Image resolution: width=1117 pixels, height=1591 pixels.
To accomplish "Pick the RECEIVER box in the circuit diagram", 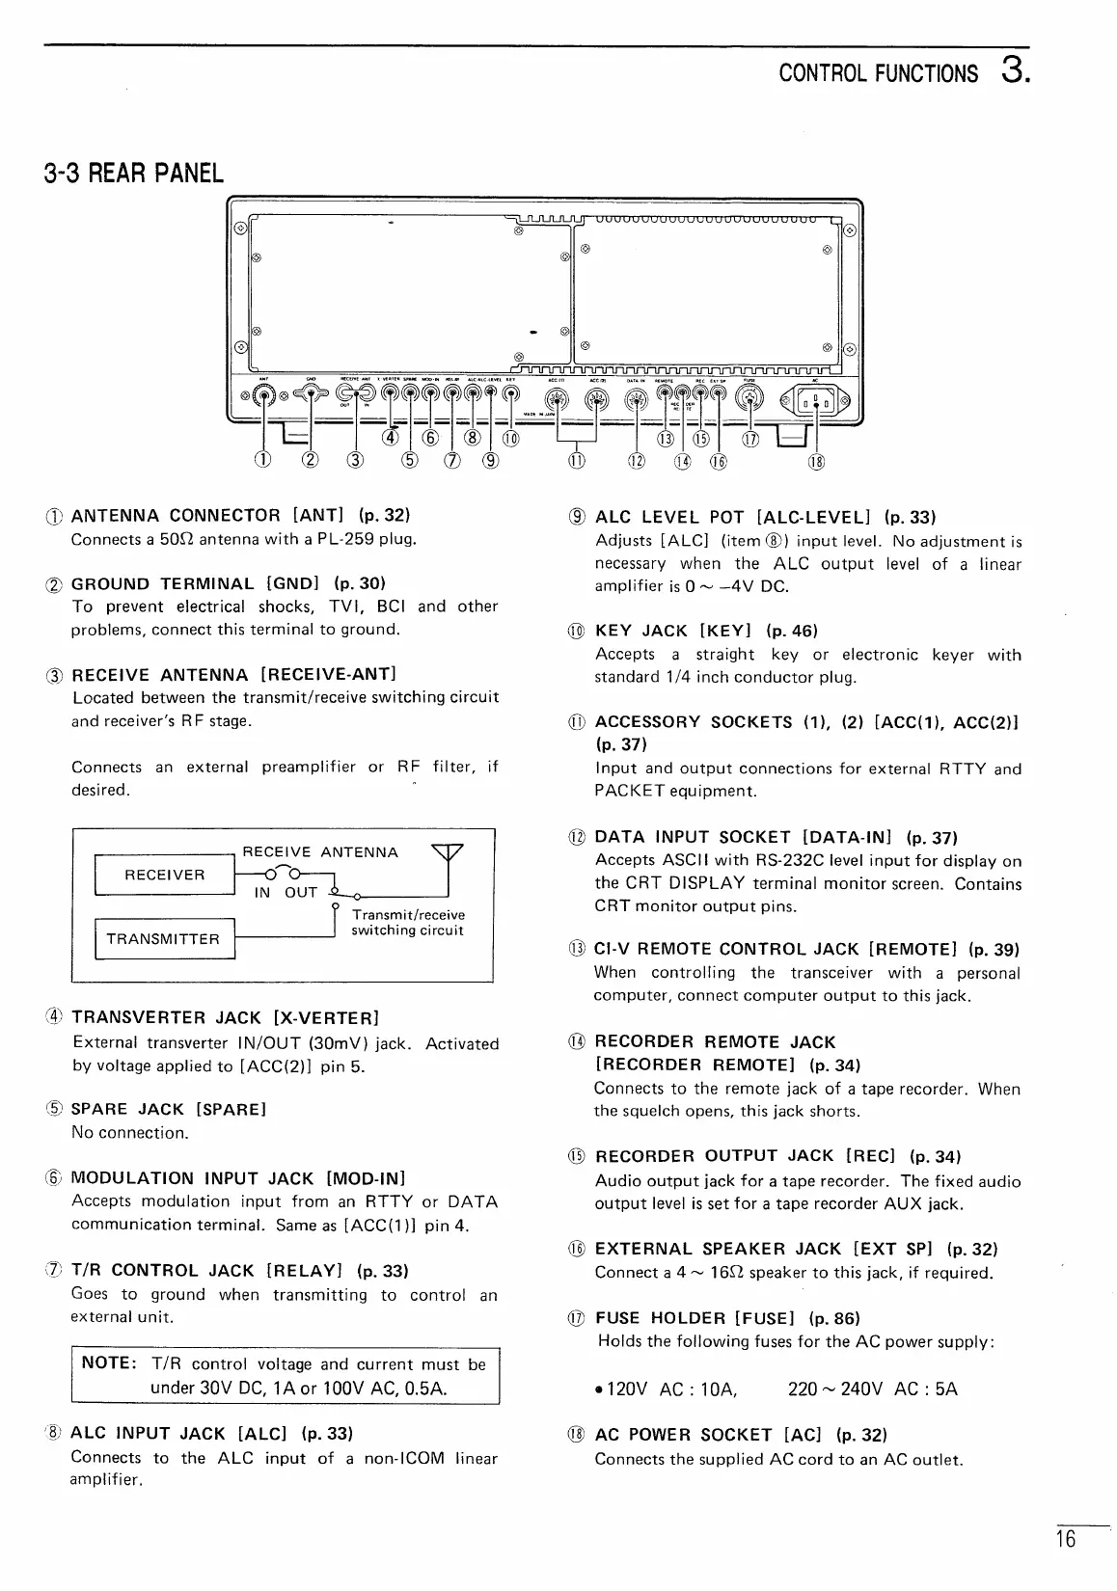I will point(165,876).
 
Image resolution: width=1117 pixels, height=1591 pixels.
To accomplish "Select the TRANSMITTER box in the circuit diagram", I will point(163,940).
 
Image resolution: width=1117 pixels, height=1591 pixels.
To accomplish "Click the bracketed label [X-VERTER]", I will point(326,1018).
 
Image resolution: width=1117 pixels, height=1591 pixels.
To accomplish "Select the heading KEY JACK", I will point(641,631).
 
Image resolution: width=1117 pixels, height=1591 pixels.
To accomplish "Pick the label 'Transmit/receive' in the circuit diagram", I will point(408,914).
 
